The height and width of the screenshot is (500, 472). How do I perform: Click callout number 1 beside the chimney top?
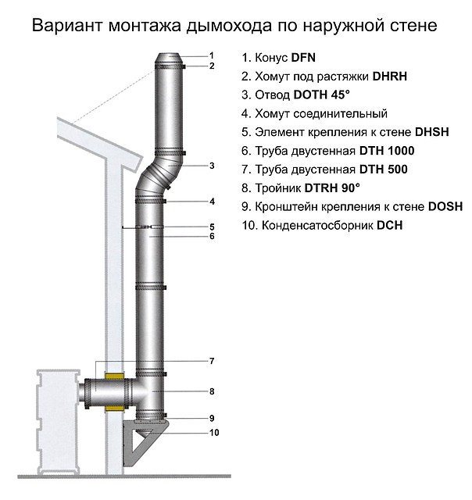(x=211, y=54)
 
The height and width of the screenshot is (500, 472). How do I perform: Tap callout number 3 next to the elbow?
(x=211, y=165)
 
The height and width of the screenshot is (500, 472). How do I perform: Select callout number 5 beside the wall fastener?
(x=211, y=227)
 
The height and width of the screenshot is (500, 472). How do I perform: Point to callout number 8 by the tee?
(x=211, y=390)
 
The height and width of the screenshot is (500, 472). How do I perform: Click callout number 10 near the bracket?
(x=213, y=432)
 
